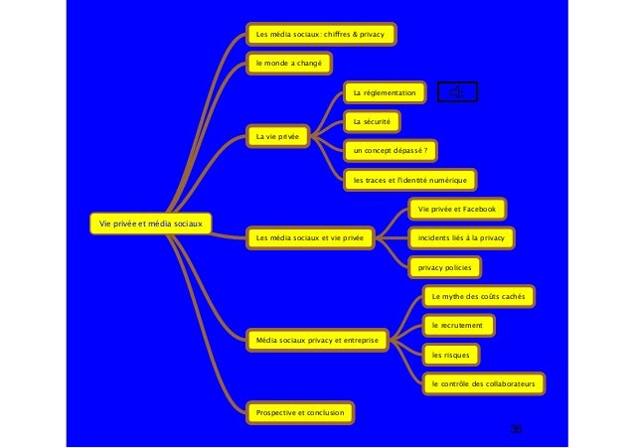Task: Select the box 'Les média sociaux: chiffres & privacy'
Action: (x=320, y=35)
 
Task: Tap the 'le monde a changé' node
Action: (x=289, y=65)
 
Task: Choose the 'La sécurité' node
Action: (x=371, y=122)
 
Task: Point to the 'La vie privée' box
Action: (x=277, y=136)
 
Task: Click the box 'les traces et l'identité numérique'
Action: (x=409, y=180)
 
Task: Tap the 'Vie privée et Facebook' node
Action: (x=458, y=210)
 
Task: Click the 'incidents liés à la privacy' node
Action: (x=461, y=238)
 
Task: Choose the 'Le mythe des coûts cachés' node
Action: (x=480, y=296)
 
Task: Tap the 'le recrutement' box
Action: (x=458, y=325)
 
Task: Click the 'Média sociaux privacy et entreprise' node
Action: (x=317, y=341)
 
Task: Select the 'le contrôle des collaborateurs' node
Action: (x=483, y=382)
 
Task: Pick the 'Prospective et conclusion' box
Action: (x=301, y=411)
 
